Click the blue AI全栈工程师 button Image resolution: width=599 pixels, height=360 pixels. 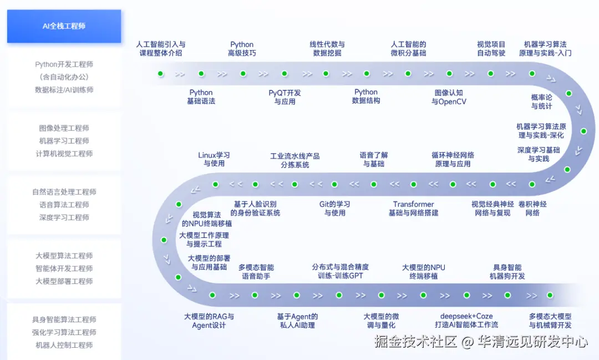(64, 26)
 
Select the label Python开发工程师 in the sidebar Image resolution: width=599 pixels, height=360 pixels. (64, 64)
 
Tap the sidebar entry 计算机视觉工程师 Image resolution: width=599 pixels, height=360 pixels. (64, 154)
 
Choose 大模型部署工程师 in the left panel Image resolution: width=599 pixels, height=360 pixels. (64, 281)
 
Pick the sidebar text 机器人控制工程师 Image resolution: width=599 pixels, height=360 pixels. (64, 345)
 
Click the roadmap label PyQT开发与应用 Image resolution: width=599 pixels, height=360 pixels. (285, 97)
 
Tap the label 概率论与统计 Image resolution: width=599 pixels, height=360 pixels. (541, 102)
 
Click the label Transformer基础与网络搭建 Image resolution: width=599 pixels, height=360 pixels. (413, 209)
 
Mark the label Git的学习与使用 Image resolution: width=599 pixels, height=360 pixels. (334, 209)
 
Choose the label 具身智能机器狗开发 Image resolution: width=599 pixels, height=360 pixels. (507, 272)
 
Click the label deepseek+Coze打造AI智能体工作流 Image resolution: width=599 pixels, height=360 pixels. (466, 321)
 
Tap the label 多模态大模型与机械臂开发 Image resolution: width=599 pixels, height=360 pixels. (550, 321)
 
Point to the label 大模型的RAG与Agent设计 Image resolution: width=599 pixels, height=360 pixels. (209, 321)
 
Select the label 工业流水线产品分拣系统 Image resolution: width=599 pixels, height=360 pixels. (295, 160)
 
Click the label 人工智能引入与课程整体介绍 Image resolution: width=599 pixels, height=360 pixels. (161, 49)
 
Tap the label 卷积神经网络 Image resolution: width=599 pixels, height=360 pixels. (532, 209)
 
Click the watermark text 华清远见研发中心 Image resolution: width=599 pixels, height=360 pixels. (533, 342)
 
